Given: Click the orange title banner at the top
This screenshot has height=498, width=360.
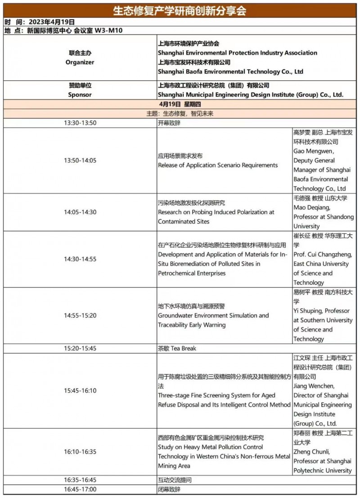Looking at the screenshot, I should (180, 10).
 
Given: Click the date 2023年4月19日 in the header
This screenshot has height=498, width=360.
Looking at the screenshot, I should (51, 22).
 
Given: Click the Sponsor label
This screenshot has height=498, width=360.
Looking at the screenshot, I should (80, 95).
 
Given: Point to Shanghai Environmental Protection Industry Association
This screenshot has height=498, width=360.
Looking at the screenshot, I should (237, 53).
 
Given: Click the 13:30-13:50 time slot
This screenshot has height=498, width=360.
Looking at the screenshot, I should (80, 123).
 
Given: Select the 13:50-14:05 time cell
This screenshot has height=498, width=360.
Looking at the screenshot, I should (80, 161).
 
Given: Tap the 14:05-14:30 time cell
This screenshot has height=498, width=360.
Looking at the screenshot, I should (80, 212).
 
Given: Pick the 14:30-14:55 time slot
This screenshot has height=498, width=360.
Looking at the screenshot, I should (80, 259).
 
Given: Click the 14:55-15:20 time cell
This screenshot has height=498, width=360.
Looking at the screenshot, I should (80, 315).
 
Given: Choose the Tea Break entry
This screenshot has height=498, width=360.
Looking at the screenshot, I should (177, 348).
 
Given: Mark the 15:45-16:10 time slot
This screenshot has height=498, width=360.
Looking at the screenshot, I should (80, 390).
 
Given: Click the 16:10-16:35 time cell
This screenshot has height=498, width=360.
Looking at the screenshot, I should (80, 452).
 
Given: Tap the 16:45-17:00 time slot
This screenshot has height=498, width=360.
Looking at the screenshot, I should (80, 489).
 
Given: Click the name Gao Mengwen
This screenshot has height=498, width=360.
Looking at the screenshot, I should (313, 151).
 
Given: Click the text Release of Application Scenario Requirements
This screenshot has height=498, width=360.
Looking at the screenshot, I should (218, 165).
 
